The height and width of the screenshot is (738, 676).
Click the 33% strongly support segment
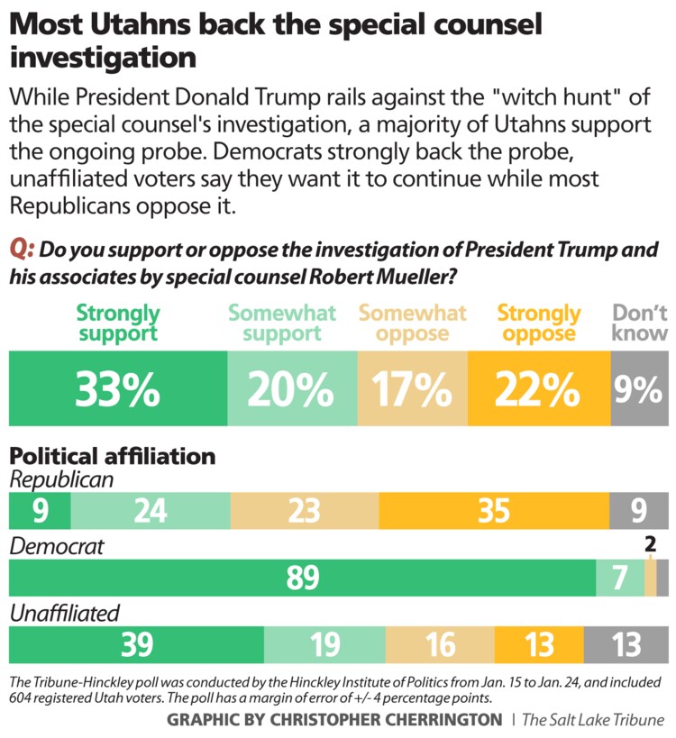pos(117,388)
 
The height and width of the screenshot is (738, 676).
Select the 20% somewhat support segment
pos(292,388)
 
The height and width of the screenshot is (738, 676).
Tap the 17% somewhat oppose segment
pos(413,388)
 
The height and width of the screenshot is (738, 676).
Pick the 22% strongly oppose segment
pos(539,388)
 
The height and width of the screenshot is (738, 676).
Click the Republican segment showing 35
pos(494,512)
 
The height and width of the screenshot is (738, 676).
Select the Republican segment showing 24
pos(150,512)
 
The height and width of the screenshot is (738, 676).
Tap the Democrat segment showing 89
pos(301,579)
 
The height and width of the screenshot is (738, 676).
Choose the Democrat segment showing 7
pos(620,579)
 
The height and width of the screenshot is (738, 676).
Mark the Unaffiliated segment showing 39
pos(135,645)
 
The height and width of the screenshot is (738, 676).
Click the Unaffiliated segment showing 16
pos(440,645)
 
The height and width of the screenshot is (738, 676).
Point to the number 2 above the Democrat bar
pos(650,544)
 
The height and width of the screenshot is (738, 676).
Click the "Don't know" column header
pos(640,323)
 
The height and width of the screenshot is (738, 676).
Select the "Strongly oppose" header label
pos(539,323)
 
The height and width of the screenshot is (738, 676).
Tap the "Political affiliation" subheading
pos(113,456)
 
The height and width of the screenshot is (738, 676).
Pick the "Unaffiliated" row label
pos(64,614)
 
